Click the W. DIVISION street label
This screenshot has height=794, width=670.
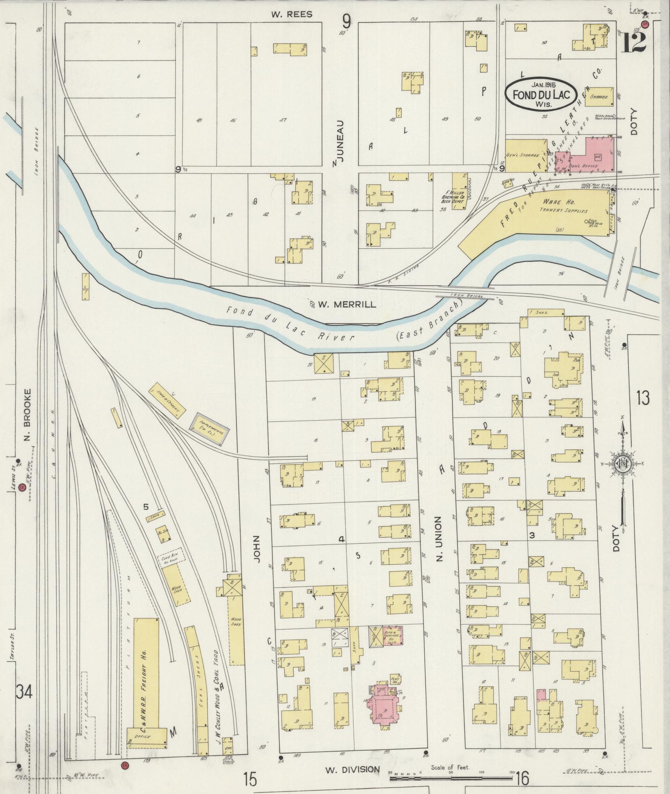pyautogui.click(x=352, y=769)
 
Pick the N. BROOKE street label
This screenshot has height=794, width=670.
pyautogui.click(x=28, y=414)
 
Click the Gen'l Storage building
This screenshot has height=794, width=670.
pyautogui.click(x=525, y=155)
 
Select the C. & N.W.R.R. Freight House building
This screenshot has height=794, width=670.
pyautogui.click(x=146, y=671)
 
